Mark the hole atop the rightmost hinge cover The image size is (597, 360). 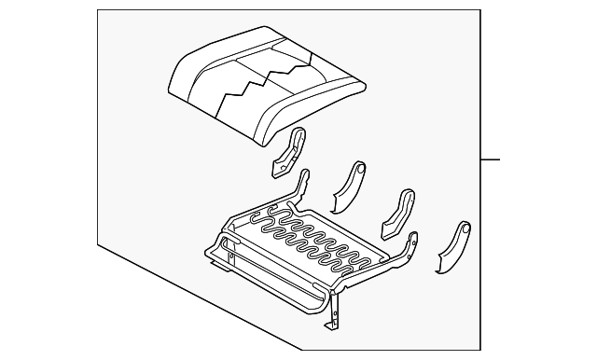pyautogui.click(x=463, y=228)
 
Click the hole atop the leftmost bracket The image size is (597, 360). pyautogui.click(x=299, y=135)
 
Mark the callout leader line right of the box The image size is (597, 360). pyautogui.click(x=490, y=159)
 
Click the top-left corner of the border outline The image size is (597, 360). pyautogui.click(x=98, y=11)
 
